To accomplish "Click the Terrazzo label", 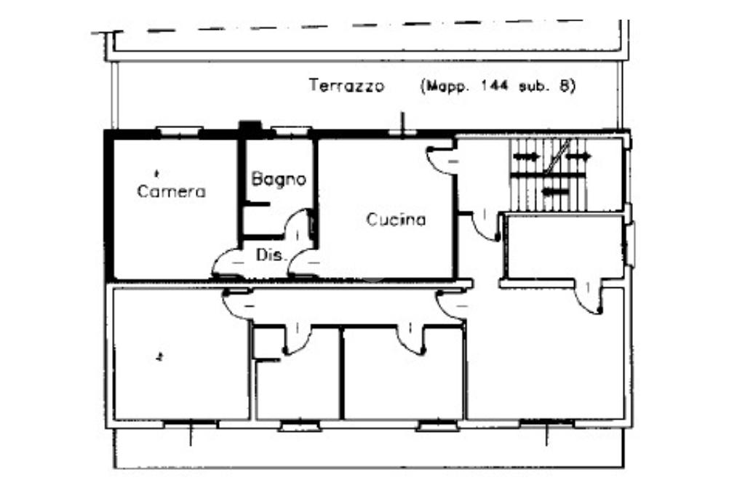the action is (346, 86).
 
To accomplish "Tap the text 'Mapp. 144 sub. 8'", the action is (498, 86).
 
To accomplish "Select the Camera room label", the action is (172, 192).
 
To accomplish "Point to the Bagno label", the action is (279, 179).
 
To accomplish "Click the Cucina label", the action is (395, 220).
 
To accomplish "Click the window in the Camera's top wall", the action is (180, 131).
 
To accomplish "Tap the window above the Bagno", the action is (291, 131).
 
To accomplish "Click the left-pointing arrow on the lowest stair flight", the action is (556, 191).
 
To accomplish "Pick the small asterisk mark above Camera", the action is (157, 172).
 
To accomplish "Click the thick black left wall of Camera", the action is (109, 207).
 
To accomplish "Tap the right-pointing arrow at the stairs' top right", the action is (579, 156).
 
